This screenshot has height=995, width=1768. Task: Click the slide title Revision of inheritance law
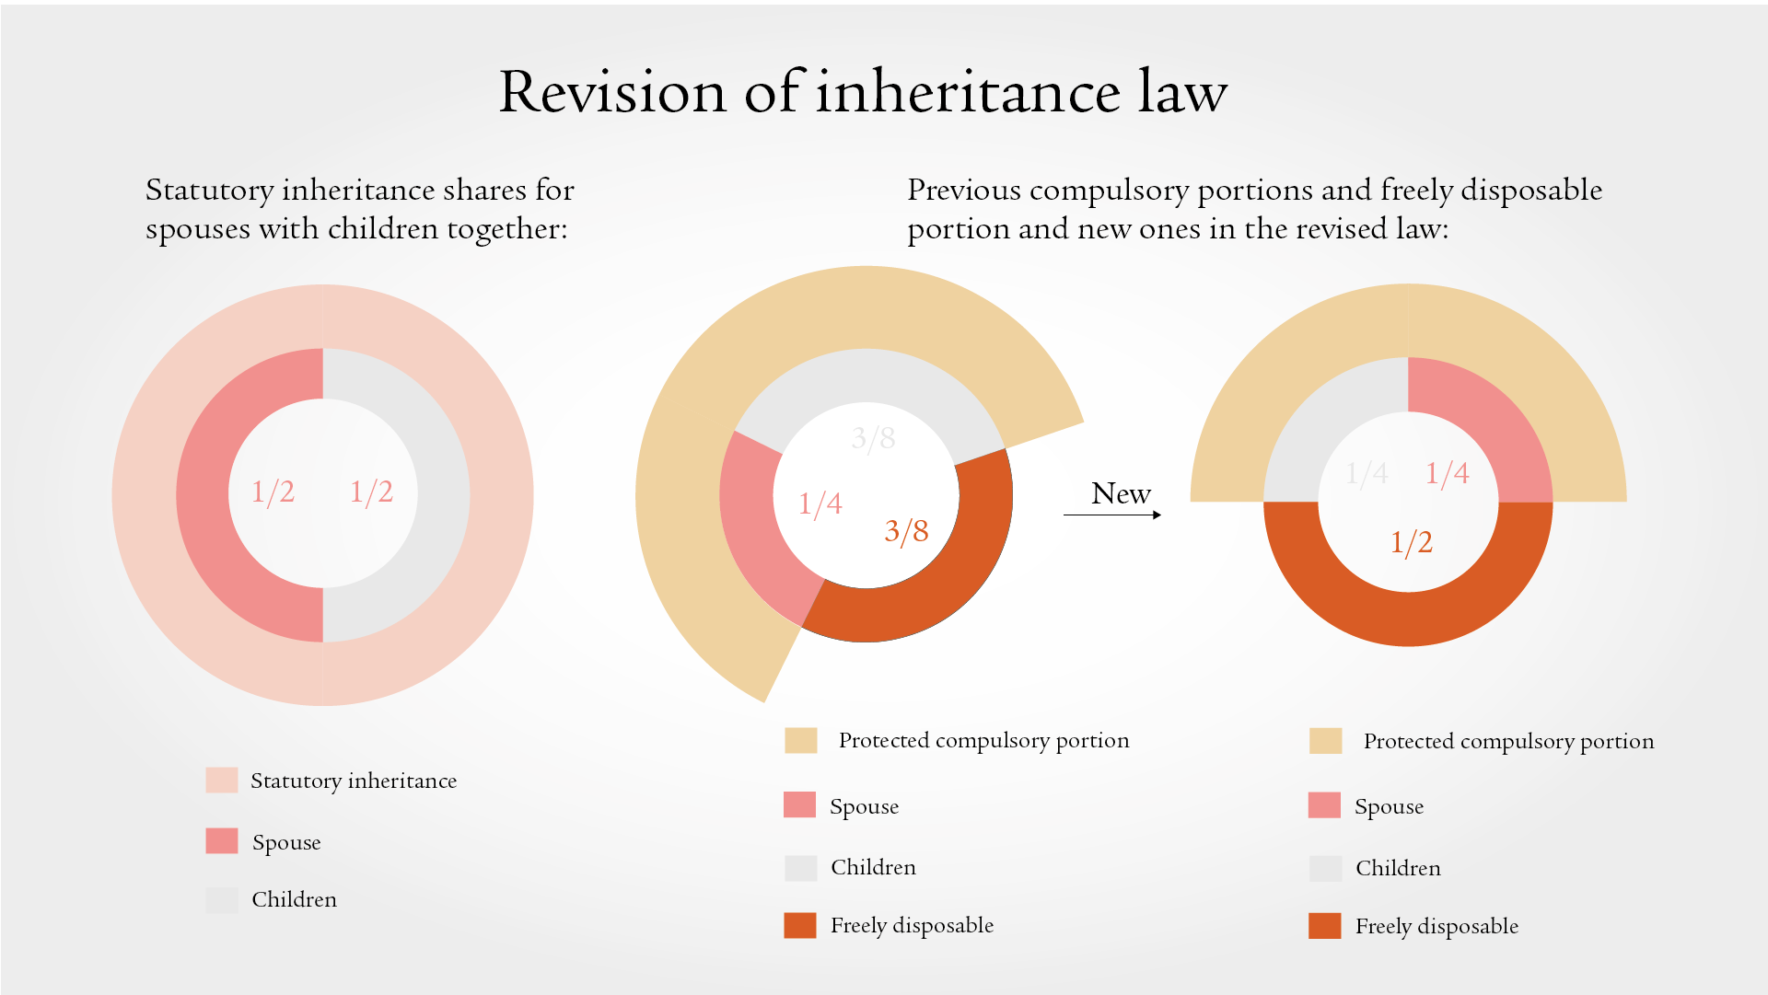pos(863,92)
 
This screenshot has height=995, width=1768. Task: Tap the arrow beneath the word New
pos(1111,515)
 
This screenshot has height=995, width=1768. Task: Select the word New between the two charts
pos(1121,494)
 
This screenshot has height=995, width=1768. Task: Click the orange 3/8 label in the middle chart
pos(906,531)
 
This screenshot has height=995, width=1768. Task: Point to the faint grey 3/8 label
pos(873,438)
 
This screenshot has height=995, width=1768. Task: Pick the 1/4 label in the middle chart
pos(820,503)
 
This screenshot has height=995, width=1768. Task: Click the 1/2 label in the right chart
pos(1411,542)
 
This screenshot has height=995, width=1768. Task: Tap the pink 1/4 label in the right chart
pos(1447,473)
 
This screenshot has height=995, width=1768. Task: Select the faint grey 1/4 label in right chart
pos(1367,473)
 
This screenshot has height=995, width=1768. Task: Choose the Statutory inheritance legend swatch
pos(221,781)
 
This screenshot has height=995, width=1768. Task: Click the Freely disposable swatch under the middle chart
pos(799,925)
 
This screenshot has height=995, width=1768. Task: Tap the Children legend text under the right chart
pos(1397,868)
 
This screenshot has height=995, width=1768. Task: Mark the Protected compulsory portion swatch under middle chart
pos(800,740)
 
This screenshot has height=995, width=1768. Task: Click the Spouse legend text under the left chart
pos(286,842)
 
